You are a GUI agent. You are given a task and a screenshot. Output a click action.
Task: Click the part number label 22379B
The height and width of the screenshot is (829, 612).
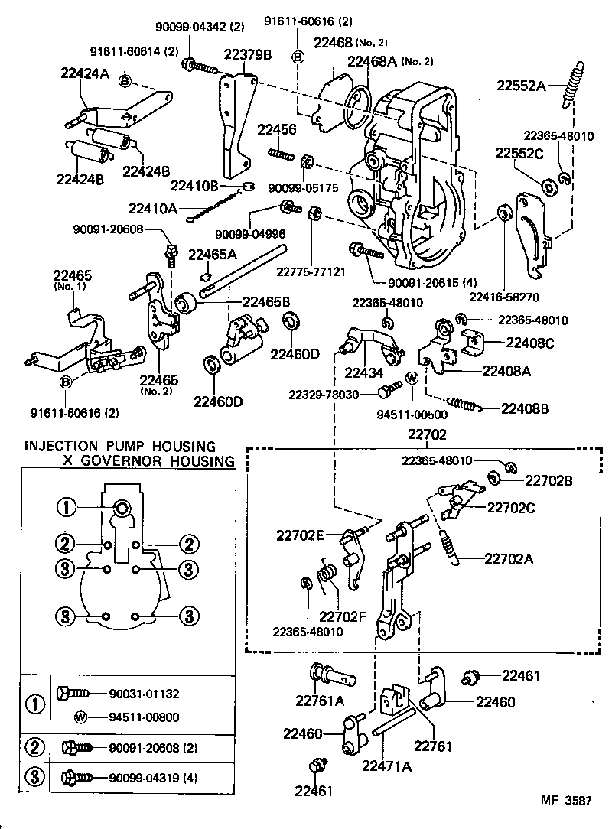248,55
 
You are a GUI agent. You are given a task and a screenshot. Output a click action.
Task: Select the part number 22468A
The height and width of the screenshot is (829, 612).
373,61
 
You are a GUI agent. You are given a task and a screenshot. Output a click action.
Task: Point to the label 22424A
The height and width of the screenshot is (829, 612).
86,73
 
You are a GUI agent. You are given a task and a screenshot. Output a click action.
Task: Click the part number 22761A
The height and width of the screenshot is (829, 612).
321,701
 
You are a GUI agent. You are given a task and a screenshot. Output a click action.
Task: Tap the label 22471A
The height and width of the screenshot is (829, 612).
387,765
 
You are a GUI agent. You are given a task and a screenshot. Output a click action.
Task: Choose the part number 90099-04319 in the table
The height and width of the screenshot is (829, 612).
134,778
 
